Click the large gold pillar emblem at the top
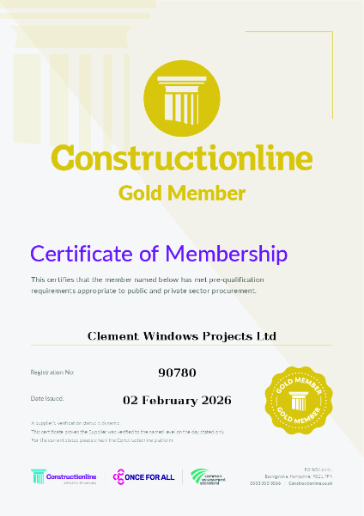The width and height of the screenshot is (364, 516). pos(181,95)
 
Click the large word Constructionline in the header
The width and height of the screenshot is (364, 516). pos(181,157)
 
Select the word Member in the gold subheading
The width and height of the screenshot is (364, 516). pos(212,193)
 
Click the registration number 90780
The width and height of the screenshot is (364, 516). pos(178,372)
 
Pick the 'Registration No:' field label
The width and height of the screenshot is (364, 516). pos(52,372)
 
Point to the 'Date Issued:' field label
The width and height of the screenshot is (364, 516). pos(47,399)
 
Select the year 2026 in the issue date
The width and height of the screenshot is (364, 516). pos(215,400)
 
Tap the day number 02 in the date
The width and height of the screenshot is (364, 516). pos(131,400)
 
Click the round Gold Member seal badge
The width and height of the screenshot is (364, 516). pos(300,399)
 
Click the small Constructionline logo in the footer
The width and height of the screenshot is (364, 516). pos(64,476)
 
